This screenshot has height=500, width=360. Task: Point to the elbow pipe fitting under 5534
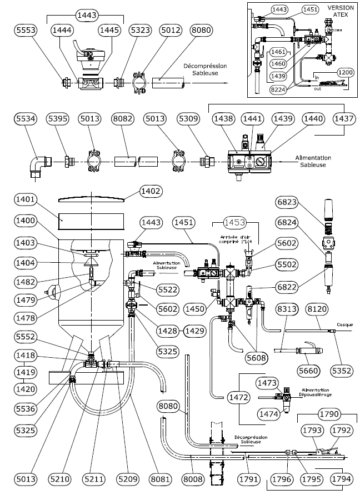point(38,166)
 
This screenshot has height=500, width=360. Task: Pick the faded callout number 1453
point(235,222)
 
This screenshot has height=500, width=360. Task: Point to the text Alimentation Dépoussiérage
point(321,393)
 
